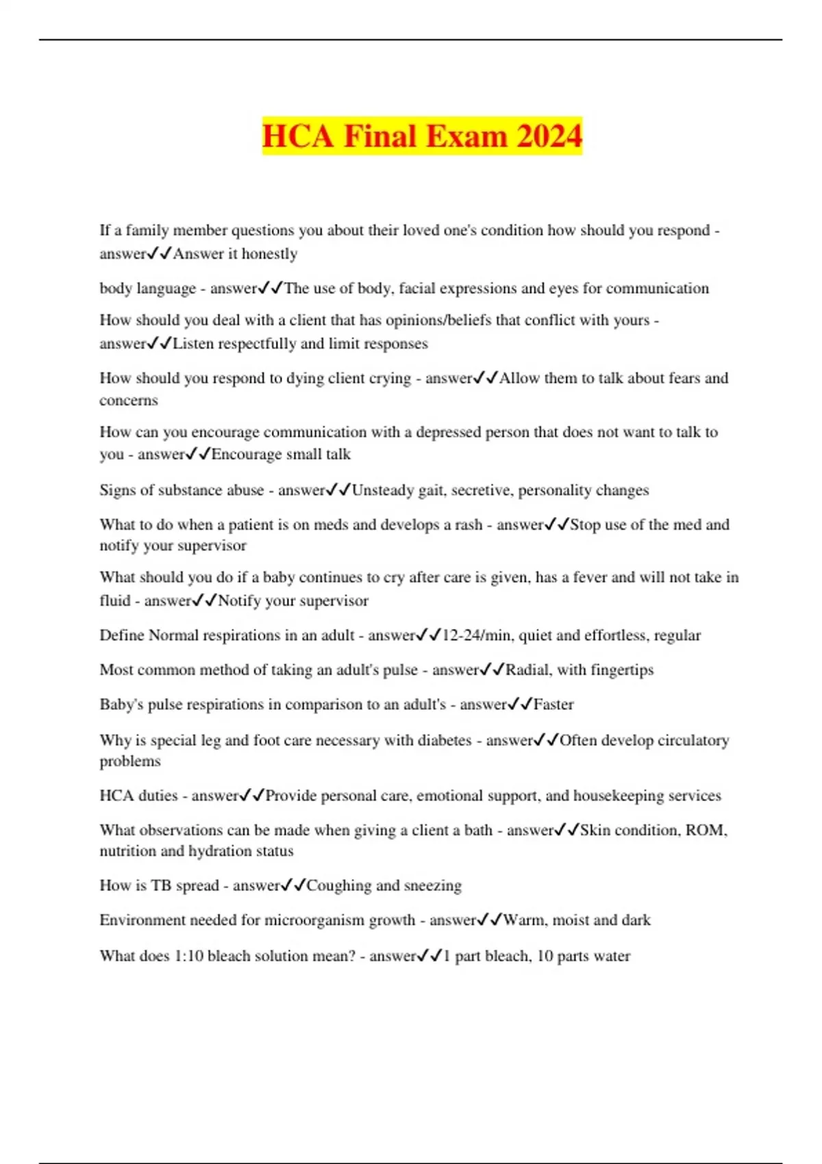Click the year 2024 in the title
pos(549,136)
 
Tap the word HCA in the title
pos(297,136)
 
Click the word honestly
pos(269,254)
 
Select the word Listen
pos(193,344)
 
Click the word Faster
pos(553,705)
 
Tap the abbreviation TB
pos(161,885)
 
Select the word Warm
pos(524,920)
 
